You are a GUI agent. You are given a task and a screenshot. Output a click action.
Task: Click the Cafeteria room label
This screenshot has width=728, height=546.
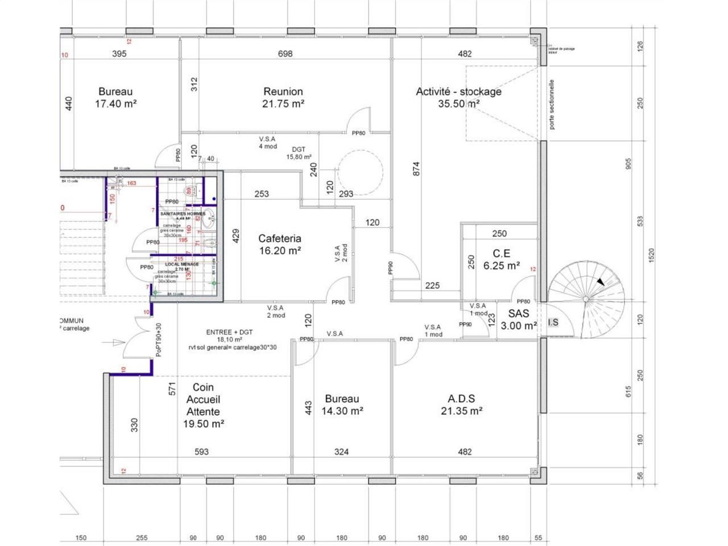pyautogui.click(x=279, y=238)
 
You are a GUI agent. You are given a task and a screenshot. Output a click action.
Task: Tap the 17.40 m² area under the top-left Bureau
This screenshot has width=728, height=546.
pyautogui.click(x=115, y=104)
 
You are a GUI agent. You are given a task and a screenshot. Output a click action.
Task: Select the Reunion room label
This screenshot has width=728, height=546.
pyautogui.click(x=283, y=91)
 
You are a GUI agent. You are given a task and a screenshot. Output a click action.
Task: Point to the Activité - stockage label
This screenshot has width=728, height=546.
pyautogui.click(x=458, y=91)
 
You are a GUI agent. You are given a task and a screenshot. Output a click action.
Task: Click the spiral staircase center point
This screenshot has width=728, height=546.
pyautogui.click(x=585, y=299)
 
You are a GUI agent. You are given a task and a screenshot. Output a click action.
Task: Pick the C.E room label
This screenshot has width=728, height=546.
pyautogui.click(x=501, y=253)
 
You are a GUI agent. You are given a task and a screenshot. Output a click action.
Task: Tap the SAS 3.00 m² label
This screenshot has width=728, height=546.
pyautogui.click(x=518, y=319)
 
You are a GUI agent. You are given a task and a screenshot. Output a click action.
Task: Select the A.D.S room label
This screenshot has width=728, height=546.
pyautogui.click(x=461, y=399)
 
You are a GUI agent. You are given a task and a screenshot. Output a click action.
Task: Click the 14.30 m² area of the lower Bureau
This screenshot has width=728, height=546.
pyautogui.click(x=342, y=411)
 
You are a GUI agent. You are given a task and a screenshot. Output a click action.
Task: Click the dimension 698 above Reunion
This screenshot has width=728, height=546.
pyautogui.click(x=285, y=53)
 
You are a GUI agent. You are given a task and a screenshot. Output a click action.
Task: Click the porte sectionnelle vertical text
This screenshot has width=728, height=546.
pyautogui.click(x=551, y=104)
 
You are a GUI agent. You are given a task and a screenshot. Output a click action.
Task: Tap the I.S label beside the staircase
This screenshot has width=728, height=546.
pyautogui.click(x=552, y=322)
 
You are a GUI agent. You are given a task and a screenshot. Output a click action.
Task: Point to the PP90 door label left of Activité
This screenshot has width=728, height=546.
pyautogui.click(x=391, y=268)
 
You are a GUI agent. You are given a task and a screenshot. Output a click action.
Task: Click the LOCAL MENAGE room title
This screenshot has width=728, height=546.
pyautogui.click(x=181, y=264)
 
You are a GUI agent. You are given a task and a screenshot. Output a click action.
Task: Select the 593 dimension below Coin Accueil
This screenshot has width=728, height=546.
pyautogui.click(x=201, y=452)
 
